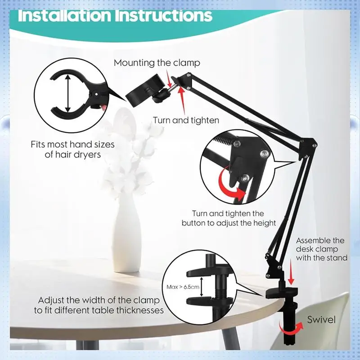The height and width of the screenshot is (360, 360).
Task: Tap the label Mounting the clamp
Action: tap(157, 63)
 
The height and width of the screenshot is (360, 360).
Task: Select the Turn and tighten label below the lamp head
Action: tap(186, 120)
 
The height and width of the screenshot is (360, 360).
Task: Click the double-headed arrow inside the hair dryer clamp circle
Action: tap(67, 94)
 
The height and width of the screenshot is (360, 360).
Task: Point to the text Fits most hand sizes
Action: tap(72, 145)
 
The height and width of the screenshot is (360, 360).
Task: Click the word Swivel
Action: tap(321, 320)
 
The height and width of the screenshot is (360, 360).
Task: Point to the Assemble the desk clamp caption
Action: tap(321, 249)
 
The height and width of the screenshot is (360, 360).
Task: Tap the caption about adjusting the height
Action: tap(229, 218)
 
